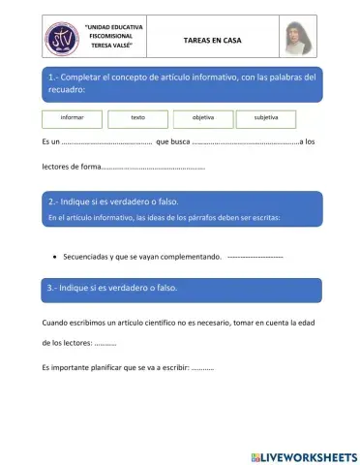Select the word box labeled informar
coord(72,118)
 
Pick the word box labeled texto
coord(137,118)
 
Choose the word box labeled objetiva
coord(202,118)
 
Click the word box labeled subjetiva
coord(266,118)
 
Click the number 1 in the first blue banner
coord(50,76)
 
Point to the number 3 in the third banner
coord(50,289)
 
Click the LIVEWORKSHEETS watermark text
coord(310,455)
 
